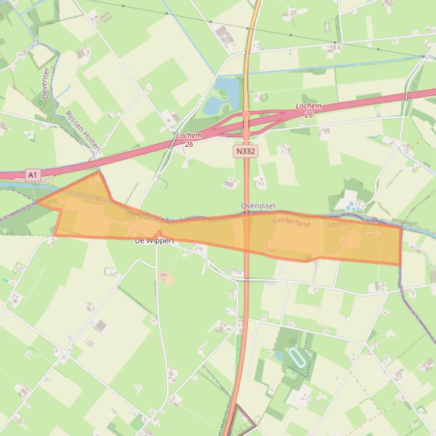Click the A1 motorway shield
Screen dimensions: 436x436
click(32, 175)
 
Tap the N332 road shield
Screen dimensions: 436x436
click(244, 151)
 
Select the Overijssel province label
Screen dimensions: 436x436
click(258, 206)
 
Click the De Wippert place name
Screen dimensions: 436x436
click(154, 241)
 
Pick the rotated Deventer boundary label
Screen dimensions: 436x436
click(45, 83)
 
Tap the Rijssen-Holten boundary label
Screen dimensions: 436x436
click(83, 130)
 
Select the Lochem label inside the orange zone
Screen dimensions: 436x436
click(341, 223)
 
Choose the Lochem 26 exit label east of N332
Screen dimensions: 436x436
click(308, 110)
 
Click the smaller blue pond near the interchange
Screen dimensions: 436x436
click(213, 105)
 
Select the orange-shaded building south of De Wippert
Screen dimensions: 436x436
click(164, 277)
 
